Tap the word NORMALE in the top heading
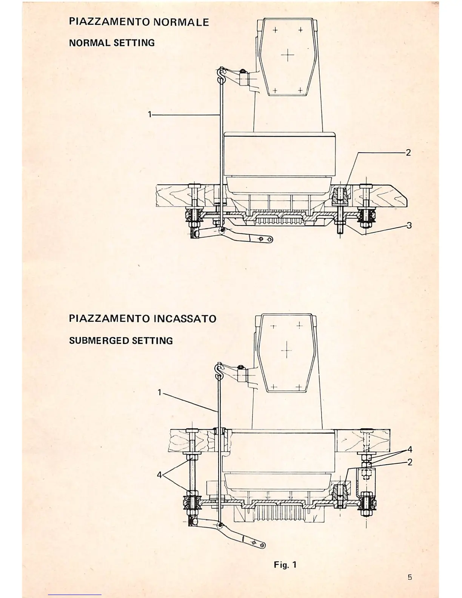[x=181, y=22]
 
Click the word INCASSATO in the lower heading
[x=185, y=319]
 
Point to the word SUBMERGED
[x=99, y=341]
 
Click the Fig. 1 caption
[x=285, y=565]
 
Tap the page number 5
[x=410, y=577]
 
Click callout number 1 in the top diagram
[x=150, y=114]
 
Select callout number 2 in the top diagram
[x=408, y=153]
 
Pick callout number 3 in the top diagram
[x=409, y=225]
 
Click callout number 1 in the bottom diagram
[x=160, y=393]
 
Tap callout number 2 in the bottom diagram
[x=410, y=462]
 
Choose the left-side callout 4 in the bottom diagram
[x=159, y=475]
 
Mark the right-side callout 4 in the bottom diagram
[x=410, y=450]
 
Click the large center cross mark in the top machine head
[x=288, y=55]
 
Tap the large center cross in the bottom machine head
[x=287, y=350]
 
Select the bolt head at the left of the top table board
[x=195, y=186]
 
